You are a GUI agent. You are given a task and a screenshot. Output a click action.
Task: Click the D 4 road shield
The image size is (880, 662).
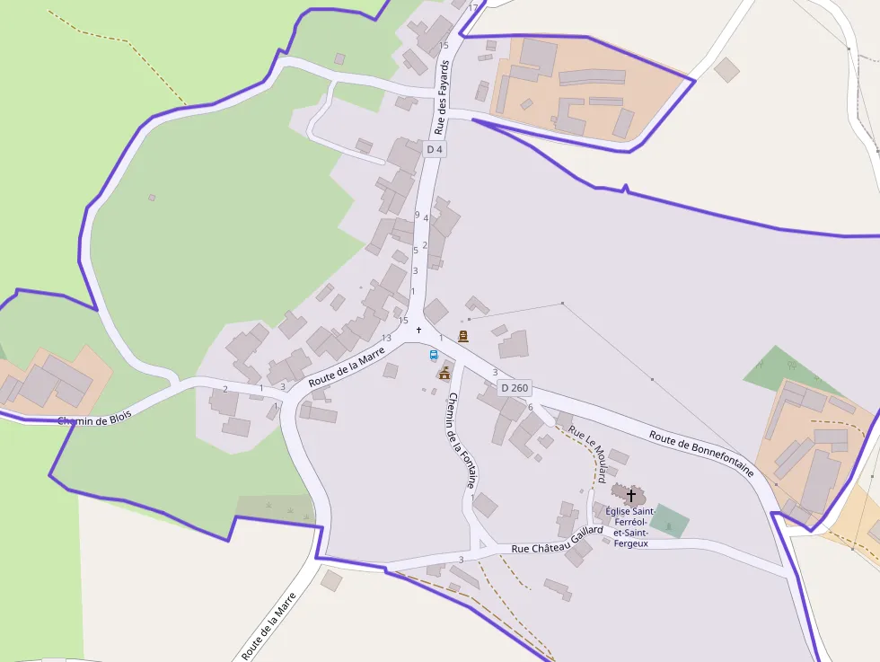(x=435, y=149)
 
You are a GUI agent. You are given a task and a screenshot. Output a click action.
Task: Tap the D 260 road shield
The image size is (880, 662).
(x=515, y=388)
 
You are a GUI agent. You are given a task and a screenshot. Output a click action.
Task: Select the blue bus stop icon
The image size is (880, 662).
(x=434, y=355)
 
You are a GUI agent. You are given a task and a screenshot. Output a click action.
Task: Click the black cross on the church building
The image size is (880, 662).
(x=631, y=495)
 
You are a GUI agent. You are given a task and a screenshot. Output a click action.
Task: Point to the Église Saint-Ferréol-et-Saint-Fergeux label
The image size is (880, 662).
(x=631, y=527)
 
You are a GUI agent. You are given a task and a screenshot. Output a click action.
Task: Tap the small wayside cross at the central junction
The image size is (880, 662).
(x=418, y=330)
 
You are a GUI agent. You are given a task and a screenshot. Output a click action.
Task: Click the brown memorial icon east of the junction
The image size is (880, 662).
(x=463, y=336)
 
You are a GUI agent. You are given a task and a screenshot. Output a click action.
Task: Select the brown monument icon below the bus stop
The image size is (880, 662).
(x=444, y=372)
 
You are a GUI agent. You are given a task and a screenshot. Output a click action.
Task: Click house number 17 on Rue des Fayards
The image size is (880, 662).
(x=473, y=7)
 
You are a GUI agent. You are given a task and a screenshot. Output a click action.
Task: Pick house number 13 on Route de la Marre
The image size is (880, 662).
(x=386, y=338)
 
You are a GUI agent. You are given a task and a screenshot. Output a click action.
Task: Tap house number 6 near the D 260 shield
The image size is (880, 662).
(x=531, y=407)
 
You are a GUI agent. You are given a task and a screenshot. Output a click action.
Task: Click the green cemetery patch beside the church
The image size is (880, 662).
(x=669, y=521)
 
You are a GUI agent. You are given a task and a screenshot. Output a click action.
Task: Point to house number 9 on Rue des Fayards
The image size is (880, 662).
(x=417, y=214)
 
